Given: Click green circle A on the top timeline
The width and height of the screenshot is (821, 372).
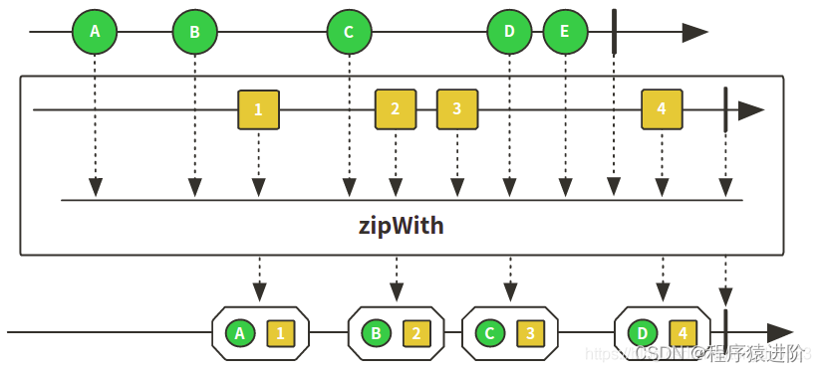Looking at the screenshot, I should [x=95, y=32].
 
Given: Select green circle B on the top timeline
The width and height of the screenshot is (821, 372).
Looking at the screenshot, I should [x=194, y=32].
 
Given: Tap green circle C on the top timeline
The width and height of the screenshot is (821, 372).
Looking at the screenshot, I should [x=349, y=32].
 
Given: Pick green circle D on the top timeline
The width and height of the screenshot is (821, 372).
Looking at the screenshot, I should [x=509, y=32].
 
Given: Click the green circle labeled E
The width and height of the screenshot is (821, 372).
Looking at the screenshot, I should [x=565, y=32].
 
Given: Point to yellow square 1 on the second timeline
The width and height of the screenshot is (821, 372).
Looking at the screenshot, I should [x=258, y=109].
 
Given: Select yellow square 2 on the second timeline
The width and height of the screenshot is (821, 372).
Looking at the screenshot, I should [x=396, y=109].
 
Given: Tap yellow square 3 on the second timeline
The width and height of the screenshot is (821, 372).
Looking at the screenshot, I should [x=457, y=109].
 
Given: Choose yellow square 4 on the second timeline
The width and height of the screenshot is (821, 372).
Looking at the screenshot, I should [x=663, y=109].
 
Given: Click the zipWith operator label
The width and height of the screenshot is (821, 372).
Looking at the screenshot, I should [x=401, y=226].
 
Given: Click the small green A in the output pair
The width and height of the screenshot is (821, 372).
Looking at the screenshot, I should [x=239, y=333].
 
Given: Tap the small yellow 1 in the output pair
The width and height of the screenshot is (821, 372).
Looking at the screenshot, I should [x=280, y=333].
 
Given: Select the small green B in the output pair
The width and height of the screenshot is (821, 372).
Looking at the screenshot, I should [x=376, y=333].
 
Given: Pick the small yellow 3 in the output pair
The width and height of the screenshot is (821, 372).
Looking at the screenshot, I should [x=530, y=333].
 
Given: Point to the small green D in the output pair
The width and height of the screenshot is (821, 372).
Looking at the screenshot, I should [x=643, y=333].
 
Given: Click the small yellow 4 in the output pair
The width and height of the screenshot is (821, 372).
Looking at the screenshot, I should [x=684, y=333].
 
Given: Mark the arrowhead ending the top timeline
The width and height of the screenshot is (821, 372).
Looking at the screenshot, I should [x=694, y=32].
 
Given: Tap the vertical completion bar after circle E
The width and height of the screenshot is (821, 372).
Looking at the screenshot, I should [x=614, y=32].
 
